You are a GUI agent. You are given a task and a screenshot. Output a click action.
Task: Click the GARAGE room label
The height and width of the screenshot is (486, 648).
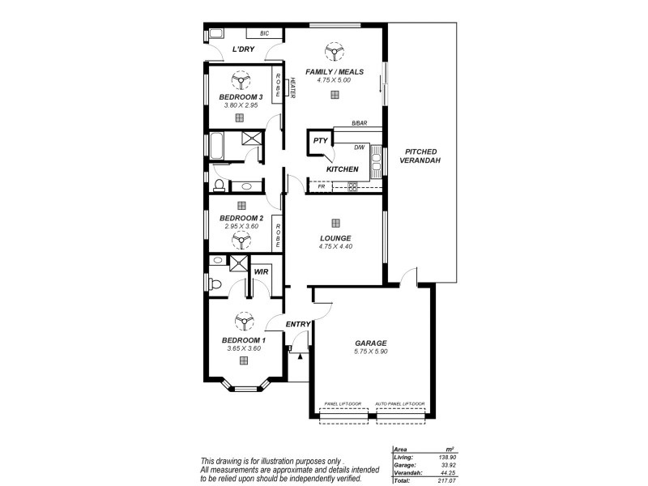tap(369, 343)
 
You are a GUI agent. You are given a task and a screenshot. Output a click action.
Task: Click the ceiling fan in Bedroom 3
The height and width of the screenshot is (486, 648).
tap(240, 79)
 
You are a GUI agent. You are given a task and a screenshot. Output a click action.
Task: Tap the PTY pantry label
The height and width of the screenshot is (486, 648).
tap(320, 141)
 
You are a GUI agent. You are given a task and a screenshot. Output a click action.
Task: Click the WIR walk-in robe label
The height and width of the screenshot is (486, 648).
tap(261, 271)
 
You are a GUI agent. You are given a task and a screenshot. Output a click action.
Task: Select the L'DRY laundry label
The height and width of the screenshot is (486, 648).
tap(243, 50)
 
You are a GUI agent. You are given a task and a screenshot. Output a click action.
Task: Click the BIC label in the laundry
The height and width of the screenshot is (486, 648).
tap(264, 33)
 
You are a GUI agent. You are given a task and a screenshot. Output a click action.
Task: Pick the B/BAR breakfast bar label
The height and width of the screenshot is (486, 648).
tap(358, 123)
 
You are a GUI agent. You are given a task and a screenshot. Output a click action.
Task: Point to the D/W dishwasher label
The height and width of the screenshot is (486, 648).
tap(360, 147)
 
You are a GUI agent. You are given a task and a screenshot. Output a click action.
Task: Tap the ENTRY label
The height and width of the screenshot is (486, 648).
tap(298, 325)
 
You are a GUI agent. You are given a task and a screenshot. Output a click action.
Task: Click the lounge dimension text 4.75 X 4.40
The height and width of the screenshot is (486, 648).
tap(335, 246)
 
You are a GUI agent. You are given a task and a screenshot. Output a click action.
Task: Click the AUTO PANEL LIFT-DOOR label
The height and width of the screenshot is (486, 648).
tap(400, 403)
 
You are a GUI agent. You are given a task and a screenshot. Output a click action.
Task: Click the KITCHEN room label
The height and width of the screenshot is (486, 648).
tap(342, 169)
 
